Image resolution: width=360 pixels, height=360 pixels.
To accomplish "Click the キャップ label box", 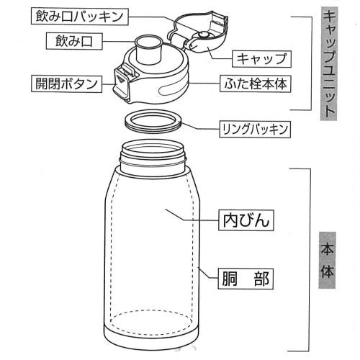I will [x=260, y=58].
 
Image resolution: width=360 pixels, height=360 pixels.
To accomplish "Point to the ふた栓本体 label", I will [x=253, y=84].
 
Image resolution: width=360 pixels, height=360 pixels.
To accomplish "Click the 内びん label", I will [x=246, y=220].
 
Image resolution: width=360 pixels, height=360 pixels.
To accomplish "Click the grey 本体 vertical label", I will [x=327, y=267].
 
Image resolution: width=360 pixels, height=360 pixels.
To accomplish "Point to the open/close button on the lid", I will [x=122, y=78].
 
